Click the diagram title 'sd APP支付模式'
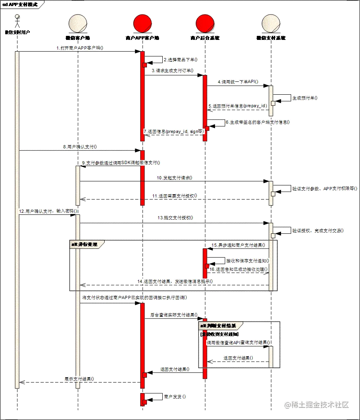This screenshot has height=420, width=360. [x=21, y=4]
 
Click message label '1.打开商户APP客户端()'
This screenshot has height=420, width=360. [x=79, y=48]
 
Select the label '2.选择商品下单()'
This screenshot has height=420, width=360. [x=181, y=60]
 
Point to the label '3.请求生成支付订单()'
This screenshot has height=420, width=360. [x=172, y=71]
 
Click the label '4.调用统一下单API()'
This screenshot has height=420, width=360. [x=238, y=82]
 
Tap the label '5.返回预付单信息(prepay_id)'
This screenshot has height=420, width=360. [x=238, y=106]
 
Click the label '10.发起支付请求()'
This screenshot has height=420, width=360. [x=175, y=177]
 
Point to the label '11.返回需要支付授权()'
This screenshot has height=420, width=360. [x=174, y=196]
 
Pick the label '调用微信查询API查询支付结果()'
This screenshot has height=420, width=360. [x=238, y=342]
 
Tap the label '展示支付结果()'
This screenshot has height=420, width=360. [x=80, y=378]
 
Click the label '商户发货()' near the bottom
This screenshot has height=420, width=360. [x=175, y=397]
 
